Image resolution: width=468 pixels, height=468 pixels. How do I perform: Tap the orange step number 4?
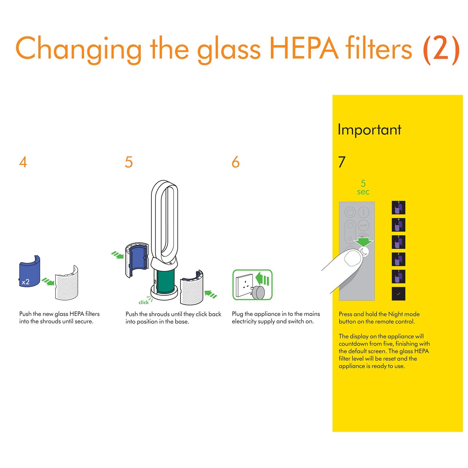23,162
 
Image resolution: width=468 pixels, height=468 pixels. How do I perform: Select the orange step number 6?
235,162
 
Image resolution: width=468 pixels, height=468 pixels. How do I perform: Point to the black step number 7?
342,162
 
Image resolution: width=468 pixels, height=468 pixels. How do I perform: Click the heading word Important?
369,130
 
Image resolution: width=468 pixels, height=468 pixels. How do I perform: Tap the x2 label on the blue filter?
26,282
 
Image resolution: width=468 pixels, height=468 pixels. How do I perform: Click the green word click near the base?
143,302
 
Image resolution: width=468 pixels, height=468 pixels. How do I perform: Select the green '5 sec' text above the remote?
363,187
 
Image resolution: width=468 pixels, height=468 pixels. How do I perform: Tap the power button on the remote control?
350,212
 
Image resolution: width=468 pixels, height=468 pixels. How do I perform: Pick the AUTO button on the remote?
363,226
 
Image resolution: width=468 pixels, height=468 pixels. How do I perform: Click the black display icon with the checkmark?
398,294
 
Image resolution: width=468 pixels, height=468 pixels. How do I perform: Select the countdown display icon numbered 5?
398,208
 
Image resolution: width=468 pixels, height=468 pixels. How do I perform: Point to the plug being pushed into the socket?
258,292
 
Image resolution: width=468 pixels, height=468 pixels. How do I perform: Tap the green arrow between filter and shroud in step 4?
48,282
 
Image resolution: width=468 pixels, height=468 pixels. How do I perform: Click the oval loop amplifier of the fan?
164,222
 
